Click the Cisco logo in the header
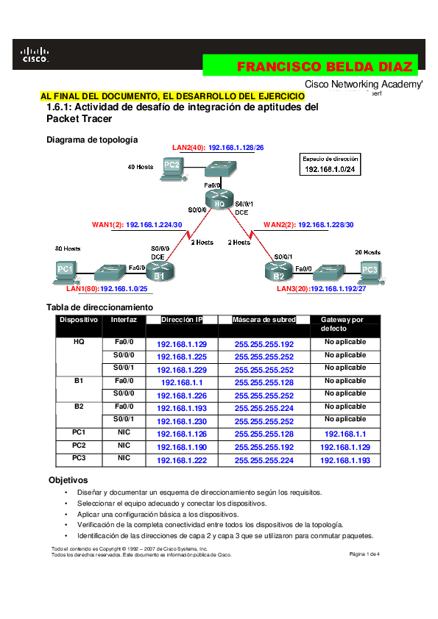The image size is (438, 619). click(x=35, y=54)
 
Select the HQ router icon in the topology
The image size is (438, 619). click(x=219, y=198)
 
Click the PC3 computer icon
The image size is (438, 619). click(x=370, y=271)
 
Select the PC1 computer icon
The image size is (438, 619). click(x=66, y=271)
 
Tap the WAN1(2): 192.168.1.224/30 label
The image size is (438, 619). click(x=137, y=224)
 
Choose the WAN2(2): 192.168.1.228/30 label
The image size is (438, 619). click(x=308, y=224)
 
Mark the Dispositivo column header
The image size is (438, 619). click(x=79, y=320)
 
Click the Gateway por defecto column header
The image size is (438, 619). click(x=342, y=324)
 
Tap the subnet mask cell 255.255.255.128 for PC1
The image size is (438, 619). click(x=264, y=434)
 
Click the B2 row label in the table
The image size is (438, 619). click(x=79, y=407)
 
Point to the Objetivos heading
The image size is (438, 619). click(x=68, y=479)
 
